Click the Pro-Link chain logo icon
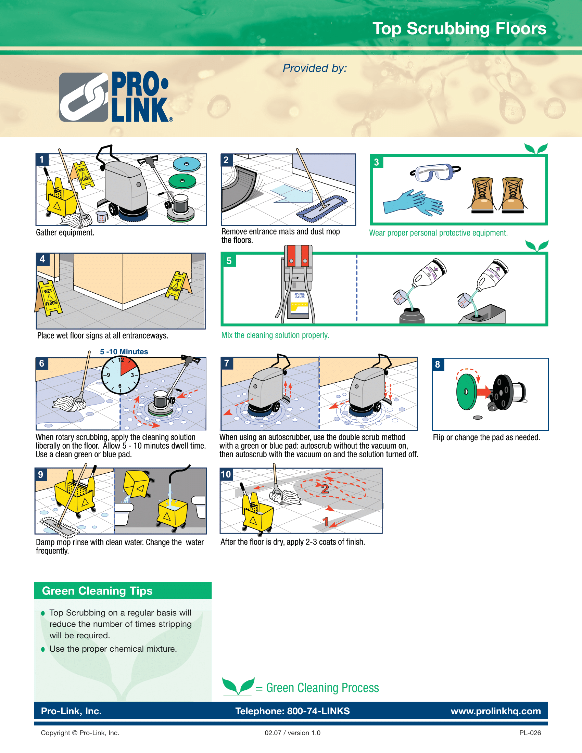tap(84, 97)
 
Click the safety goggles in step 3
tap(435, 173)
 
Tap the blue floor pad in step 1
tap(187, 164)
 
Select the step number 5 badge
tap(229, 261)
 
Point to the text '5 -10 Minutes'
tap(124, 352)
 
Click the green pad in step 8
tap(467, 392)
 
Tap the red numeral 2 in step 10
tap(325, 488)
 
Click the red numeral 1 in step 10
tap(325, 522)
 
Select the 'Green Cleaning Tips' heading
tap(97, 591)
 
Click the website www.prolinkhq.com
tap(495, 711)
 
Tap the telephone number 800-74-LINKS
tap(318, 711)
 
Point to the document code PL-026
tap(530, 733)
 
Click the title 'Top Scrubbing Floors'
tap(459, 29)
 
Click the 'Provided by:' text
tap(314, 68)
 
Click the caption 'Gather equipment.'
tap(65, 233)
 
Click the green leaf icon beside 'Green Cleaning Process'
tap(238, 686)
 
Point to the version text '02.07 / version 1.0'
tap(292, 733)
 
